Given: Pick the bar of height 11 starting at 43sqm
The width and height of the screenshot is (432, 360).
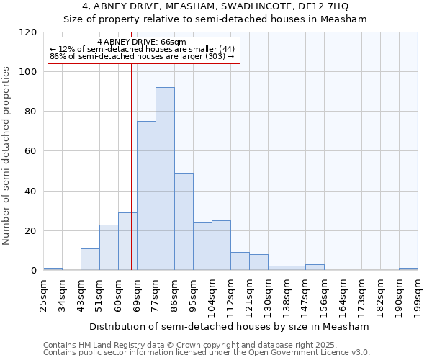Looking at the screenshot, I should click(x=90, y=259).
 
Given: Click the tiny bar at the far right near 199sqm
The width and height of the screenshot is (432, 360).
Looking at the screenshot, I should click(x=408, y=269).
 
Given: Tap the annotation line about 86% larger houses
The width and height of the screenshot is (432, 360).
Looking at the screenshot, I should click(x=142, y=56).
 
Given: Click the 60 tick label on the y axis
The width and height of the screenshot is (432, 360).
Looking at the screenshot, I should click(x=30, y=151).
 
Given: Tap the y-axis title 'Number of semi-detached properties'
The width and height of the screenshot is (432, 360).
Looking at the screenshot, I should click(x=6, y=152).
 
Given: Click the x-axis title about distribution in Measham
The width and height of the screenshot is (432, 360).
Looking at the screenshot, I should click(x=230, y=327).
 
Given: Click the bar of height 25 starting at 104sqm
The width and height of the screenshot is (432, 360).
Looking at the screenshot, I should click(x=221, y=246).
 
